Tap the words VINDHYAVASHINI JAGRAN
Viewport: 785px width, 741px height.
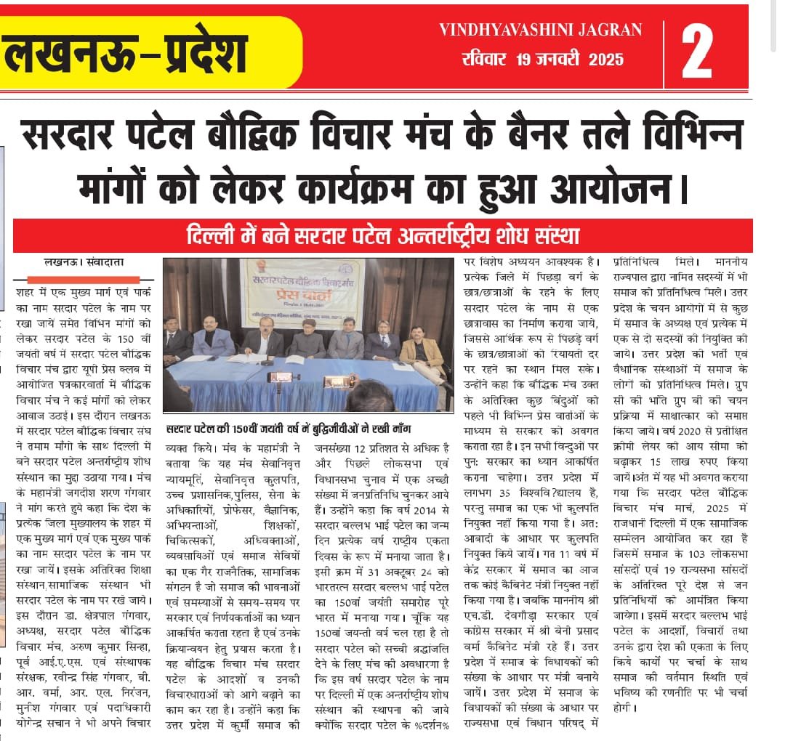(541, 30)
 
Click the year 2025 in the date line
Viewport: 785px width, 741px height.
(601, 59)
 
